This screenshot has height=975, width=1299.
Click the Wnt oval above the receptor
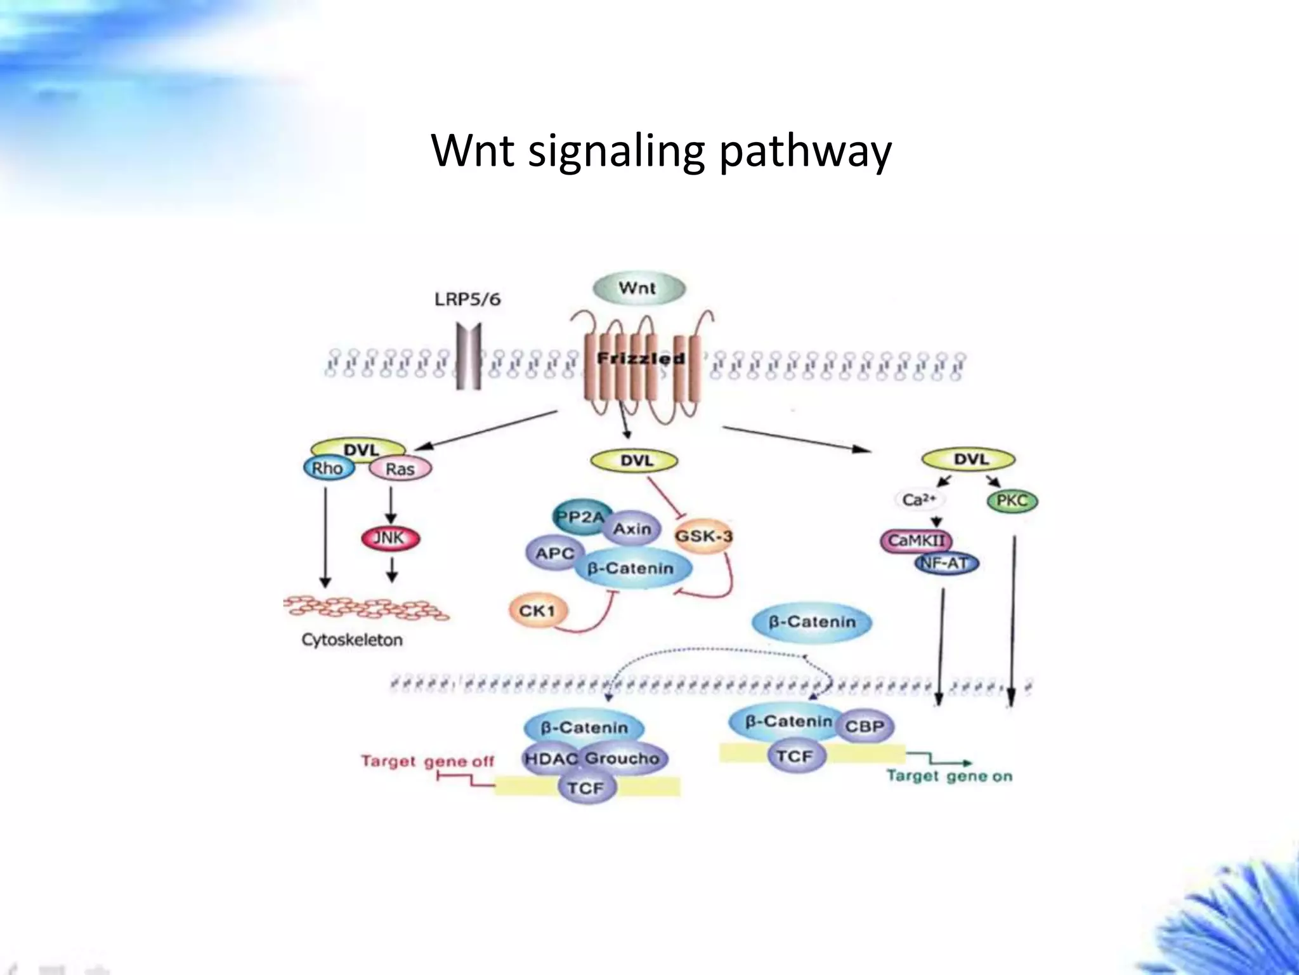pyautogui.click(x=638, y=288)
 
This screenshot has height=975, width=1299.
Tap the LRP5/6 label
pyautogui.click(x=467, y=299)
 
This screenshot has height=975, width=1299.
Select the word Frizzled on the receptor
pyautogui.click(x=641, y=359)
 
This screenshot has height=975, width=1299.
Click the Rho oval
pyautogui.click(x=327, y=468)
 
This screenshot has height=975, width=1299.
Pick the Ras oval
pyautogui.click(x=400, y=469)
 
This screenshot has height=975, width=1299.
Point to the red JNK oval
pyautogui.click(x=389, y=538)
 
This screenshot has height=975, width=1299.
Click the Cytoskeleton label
pyautogui.click(x=352, y=640)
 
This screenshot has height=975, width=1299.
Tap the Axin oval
pyautogui.click(x=632, y=528)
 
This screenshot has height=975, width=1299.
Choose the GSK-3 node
pyautogui.click(x=703, y=536)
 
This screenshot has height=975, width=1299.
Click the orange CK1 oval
pyautogui.click(x=537, y=611)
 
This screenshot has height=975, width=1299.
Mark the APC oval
pyautogui.click(x=554, y=554)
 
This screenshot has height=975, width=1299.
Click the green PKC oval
pyautogui.click(x=1012, y=501)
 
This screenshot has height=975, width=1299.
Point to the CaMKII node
pyautogui.click(x=915, y=541)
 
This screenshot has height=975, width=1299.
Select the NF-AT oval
pyautogui.click(x=946, y=562)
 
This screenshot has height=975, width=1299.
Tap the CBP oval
pyautogui.click(x=865, y=726)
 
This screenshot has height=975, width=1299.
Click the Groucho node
pyautogui.click(x=623, y=758)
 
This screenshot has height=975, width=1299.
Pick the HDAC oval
pyautogui.click(x=550, y=758)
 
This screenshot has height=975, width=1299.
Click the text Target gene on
pyautogui.click(x=950, y=776)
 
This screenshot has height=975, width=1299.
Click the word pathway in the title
pyautogui.click(x=806, y=152)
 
